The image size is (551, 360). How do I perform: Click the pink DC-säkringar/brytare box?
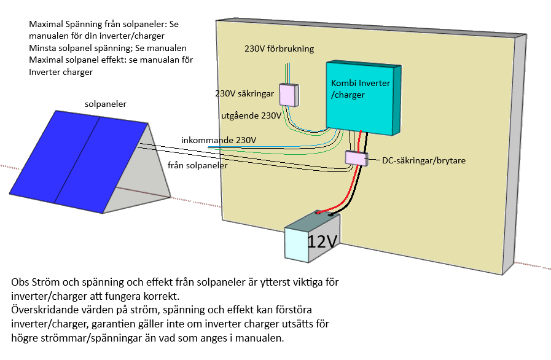(x=355, y=158)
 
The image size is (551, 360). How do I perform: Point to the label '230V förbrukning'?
(x=279, y=49)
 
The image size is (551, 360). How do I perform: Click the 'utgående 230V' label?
(x=251, y=115)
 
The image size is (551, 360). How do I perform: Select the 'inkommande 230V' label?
(x=219, y=140)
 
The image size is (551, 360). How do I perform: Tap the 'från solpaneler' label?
(x=197, y=165)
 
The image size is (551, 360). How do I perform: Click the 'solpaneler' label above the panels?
(x=106, y=104)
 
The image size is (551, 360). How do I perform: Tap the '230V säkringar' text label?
(x=244, y=95)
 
